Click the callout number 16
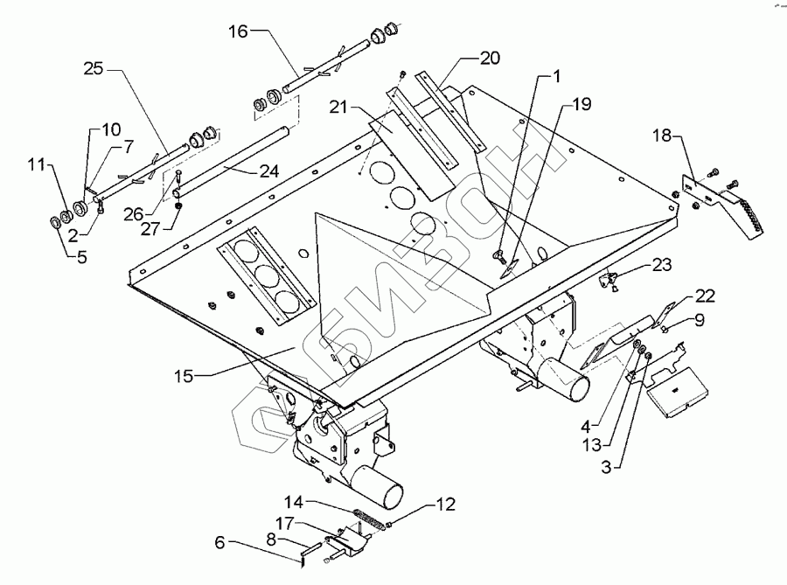pos(239,31)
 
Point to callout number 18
pos(663,136)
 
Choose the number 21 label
pos(340,107)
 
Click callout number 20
pos(490,59)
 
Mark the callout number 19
pos(582,104)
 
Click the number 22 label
pos(706,295)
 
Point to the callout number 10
pos(112,129)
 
